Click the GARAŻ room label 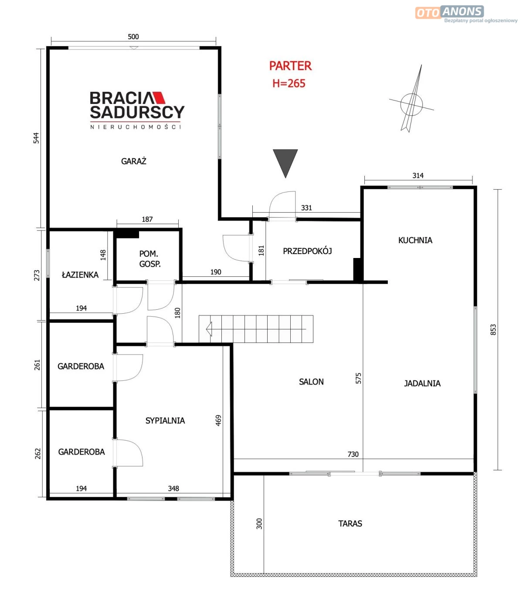(x=133, y=161)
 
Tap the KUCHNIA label (x=415, y=240)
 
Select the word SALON (x=311, y=382)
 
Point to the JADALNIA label (x=422, y=383)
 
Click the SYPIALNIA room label (x=165, y=421)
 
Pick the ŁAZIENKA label (x=80, y=275)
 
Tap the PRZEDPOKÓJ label (x=307, y=251)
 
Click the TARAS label (x=350, y=523)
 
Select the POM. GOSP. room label (x=149, y=259)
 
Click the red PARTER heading (x=290, y=66)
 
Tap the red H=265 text (x=289, y=84)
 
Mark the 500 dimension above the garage (x=133, y=37)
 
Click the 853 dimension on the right (x=493, y=330)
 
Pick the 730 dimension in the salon (x=353, y=454)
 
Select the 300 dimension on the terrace (x=259, y=524)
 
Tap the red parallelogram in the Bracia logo (x=159, y=98)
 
